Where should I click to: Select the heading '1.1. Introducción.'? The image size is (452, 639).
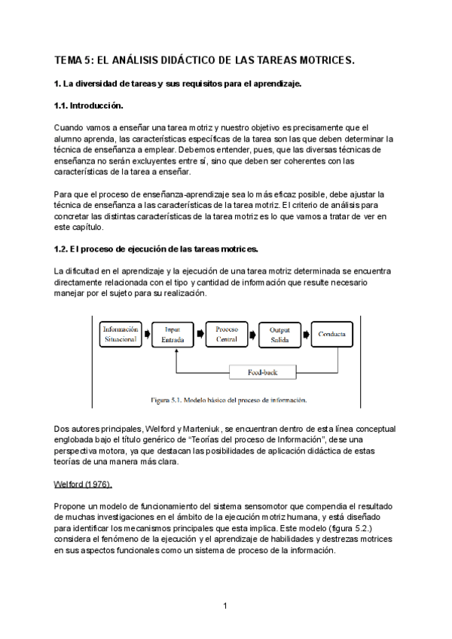pos(88,105)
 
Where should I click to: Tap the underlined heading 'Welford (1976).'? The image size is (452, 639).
pos(83,482)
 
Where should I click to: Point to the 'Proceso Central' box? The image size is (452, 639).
pos(227,334)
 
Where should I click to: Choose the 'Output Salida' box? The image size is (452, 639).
pos(279,334)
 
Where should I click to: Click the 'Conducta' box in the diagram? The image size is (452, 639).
pos(331,334)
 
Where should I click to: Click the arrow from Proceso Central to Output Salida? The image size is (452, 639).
pos(253,334)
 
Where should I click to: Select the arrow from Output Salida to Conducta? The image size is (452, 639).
pos(305,334)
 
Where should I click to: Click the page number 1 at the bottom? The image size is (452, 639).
pos(225,605)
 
